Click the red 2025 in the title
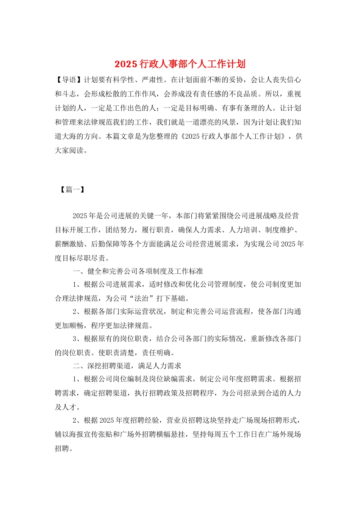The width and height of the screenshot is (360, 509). coord(125,64)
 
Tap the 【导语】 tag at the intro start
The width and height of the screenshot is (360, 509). coord(69,80)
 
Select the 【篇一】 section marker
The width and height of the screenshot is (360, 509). coord(72,189)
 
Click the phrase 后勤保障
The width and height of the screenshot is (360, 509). coord(105,244)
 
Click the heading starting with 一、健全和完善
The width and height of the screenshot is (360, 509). coord(138,271)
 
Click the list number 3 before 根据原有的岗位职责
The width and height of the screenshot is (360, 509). coord(75,339)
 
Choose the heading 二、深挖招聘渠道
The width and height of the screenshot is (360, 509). coord(127,366)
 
